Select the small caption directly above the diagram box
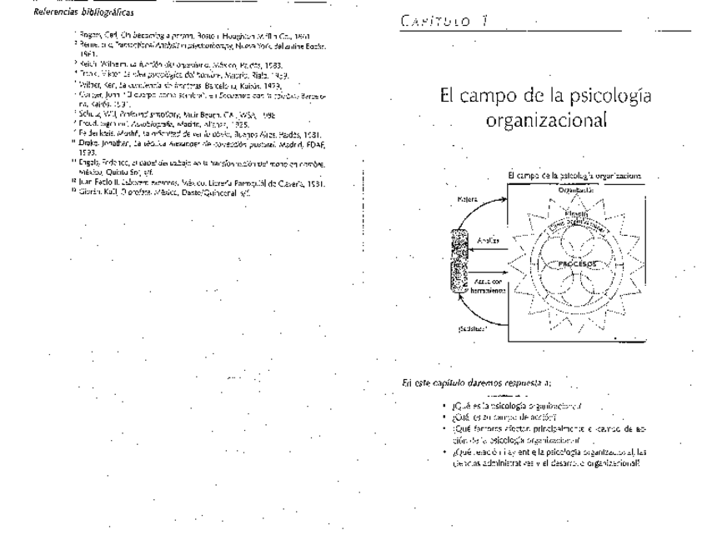(574, 176)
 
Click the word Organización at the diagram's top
(577, 190)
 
